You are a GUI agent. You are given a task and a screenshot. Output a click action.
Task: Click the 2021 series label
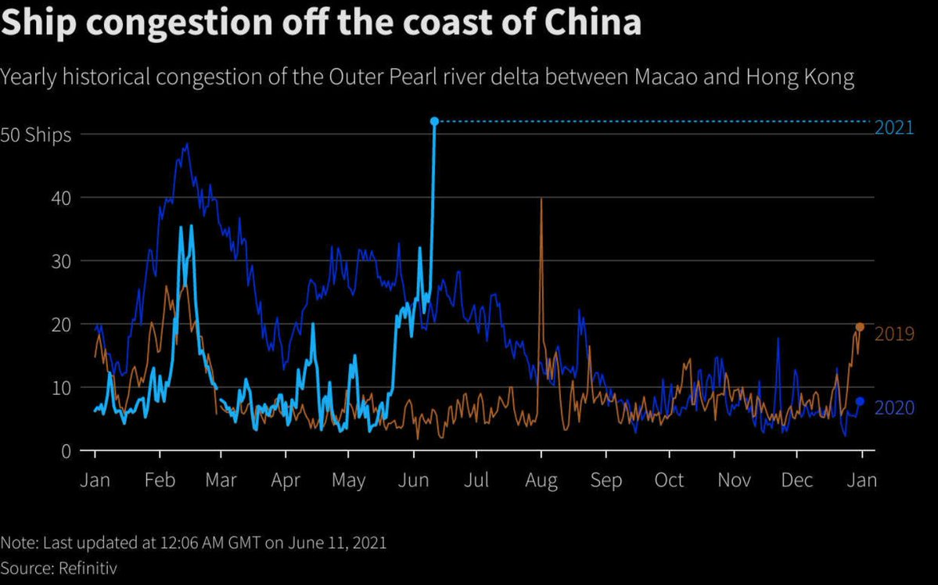coord(894,128)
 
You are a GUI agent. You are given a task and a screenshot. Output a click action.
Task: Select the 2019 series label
coord(894,334)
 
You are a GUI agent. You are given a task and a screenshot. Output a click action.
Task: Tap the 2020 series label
coord(894,408)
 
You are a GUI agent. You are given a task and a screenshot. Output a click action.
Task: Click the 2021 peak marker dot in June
coord(434,121)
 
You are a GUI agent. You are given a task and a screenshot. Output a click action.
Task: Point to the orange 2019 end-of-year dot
coord(860,327)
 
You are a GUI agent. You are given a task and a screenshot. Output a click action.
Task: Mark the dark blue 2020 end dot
coord(860,401)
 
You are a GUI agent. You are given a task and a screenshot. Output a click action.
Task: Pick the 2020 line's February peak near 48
coord(186,144)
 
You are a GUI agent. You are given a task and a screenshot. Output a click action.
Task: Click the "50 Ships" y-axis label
coord(36,135)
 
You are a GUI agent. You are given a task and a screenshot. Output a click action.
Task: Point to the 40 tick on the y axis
coord(62,198)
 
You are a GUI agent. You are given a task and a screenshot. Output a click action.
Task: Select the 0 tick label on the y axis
coord(66,450)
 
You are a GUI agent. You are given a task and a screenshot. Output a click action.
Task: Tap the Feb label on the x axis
coord(160,480)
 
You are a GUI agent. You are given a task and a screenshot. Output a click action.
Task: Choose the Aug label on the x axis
coord(541,480)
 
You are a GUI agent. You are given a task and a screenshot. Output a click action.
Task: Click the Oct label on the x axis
coord(669,480)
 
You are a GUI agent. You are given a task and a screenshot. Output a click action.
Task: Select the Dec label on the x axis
coord(797,480)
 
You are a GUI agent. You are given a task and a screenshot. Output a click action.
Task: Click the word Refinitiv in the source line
coord(88,568)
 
